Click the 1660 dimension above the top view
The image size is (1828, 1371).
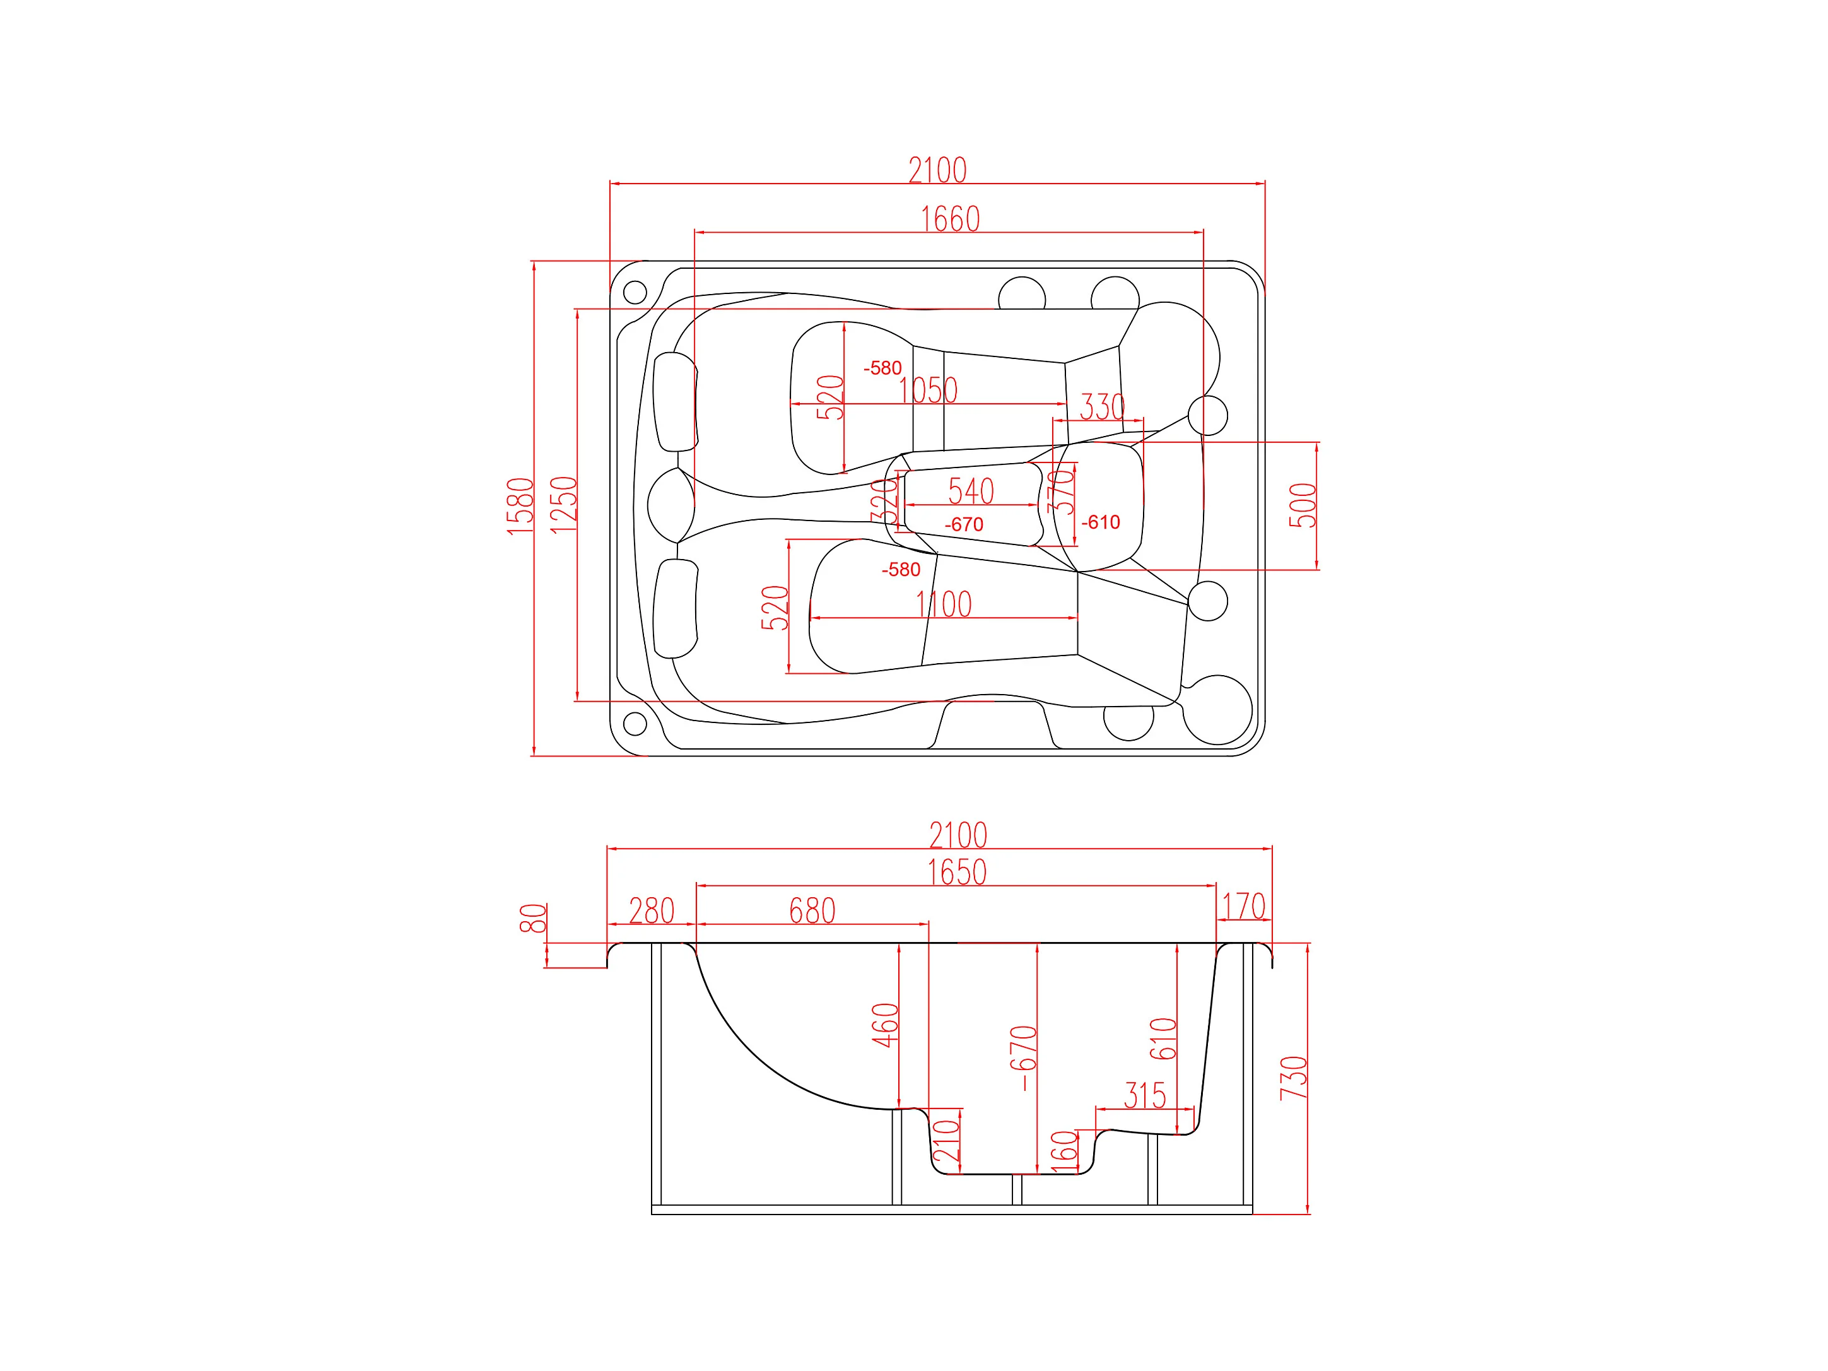tap(951, 219)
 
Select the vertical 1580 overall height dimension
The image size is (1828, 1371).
tap(520, 507)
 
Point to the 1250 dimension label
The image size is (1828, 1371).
tap(564, 505)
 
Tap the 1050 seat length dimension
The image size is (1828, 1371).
tap(928, 390)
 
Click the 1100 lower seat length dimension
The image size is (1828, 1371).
tap(944, 604)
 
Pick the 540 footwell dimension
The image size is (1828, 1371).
tap(971, 491)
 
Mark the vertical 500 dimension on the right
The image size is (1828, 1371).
tap(1303, 506)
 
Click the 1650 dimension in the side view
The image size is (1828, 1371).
tap(957, 873)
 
